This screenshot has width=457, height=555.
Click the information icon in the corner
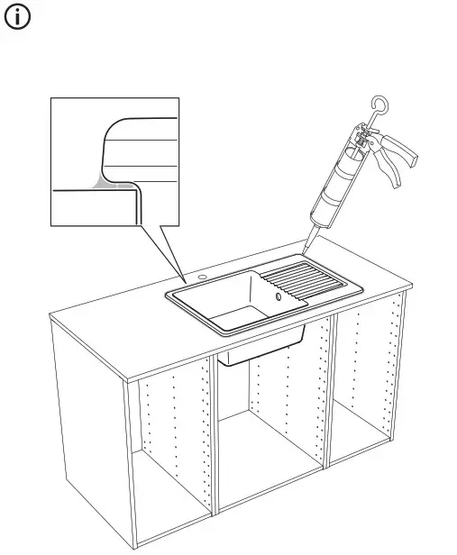(x=20, y=20)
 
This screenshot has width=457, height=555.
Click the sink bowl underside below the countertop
(x=261, y=350)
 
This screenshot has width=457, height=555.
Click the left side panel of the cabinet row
(x=90, y=432)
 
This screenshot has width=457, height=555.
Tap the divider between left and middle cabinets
(x=215, y=441)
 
